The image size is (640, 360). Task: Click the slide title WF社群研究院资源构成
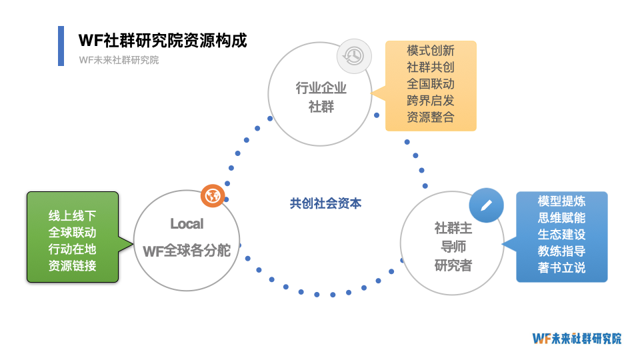(x=163, y=40)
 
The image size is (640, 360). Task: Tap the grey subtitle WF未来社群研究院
(x=119, y=60)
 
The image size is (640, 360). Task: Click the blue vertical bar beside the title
(x=61, y=46)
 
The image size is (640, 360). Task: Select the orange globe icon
(x=213, y=196)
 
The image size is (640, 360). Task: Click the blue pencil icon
(x=486, y=205)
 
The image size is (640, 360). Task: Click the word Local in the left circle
(x=187, y=223)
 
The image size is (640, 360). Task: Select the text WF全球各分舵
(x=187, y=251)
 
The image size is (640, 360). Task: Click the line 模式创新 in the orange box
(x=431, y=51)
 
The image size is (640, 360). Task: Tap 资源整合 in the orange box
(x=431, y=117)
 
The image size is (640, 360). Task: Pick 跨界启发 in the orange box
(x=431, y=101)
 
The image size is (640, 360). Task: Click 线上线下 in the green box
(x=72, y=216)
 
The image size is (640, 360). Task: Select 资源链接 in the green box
(x=72, y=266)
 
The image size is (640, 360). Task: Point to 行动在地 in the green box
(x=72, y=249)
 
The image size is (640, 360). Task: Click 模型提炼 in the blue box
(x=561, y=201)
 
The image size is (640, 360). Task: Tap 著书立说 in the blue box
(x=561, y=268)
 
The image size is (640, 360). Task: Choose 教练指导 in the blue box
(x=561, y=251)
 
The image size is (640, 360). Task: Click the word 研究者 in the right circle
(x=453, y=265)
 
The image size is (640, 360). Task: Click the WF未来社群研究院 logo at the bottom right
(x=577, y=338)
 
